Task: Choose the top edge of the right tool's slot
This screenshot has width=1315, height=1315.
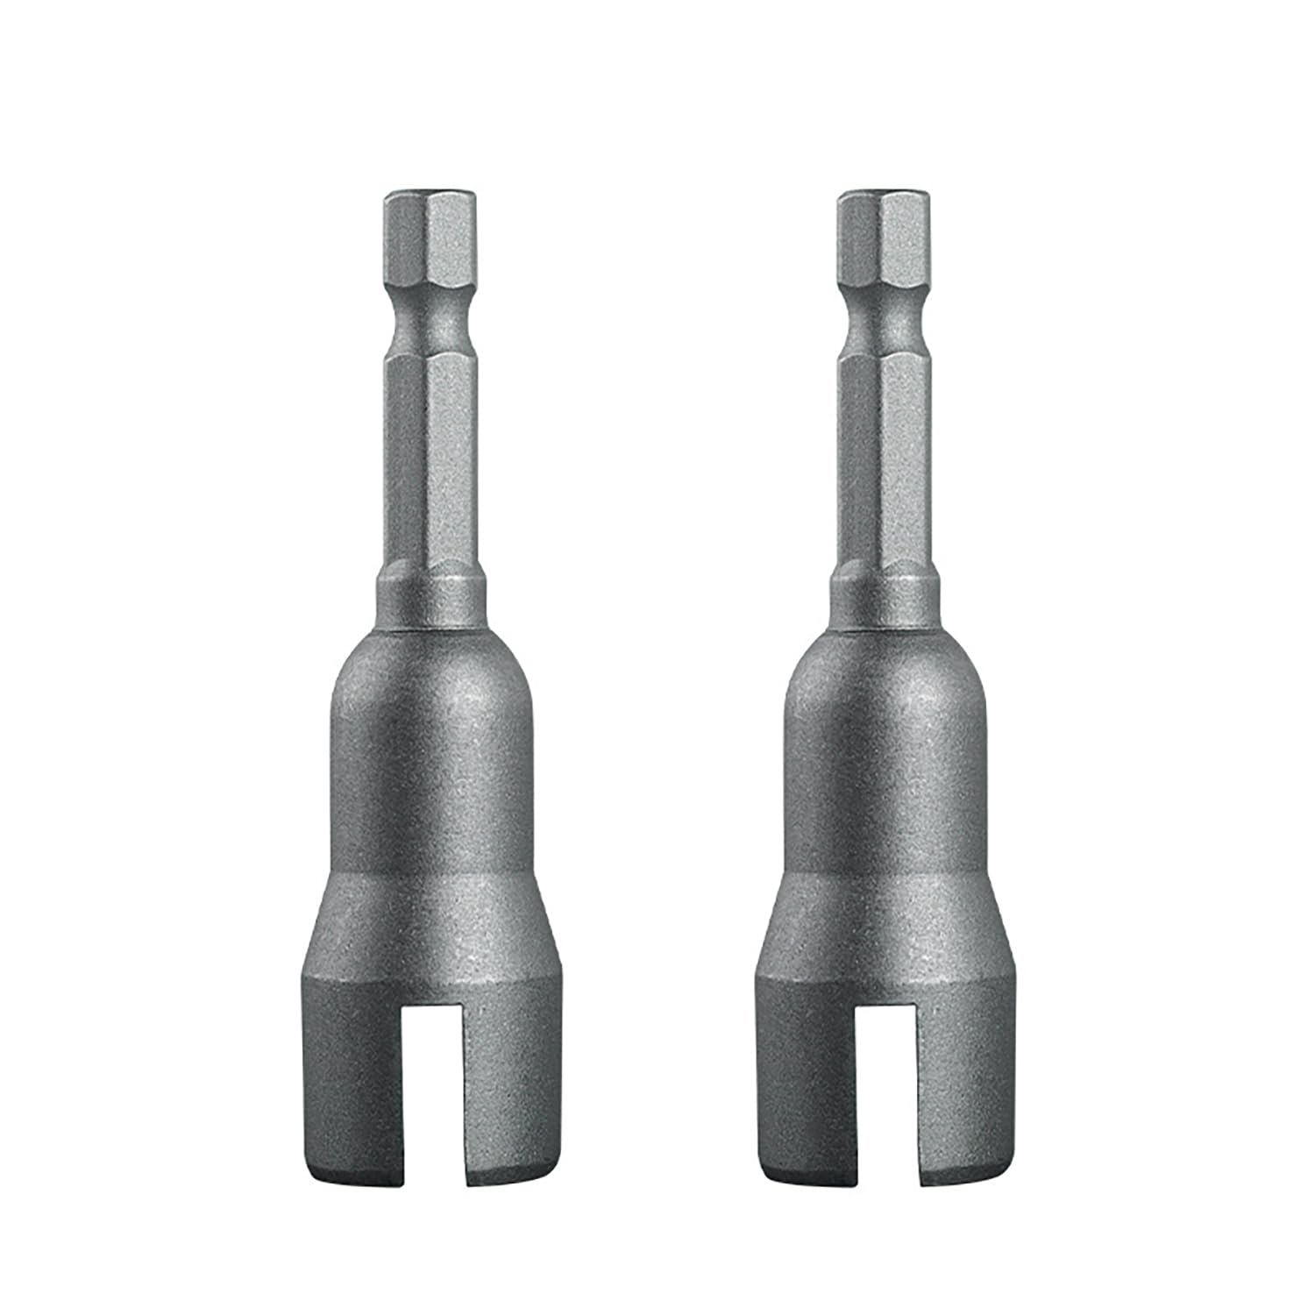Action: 885,1006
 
